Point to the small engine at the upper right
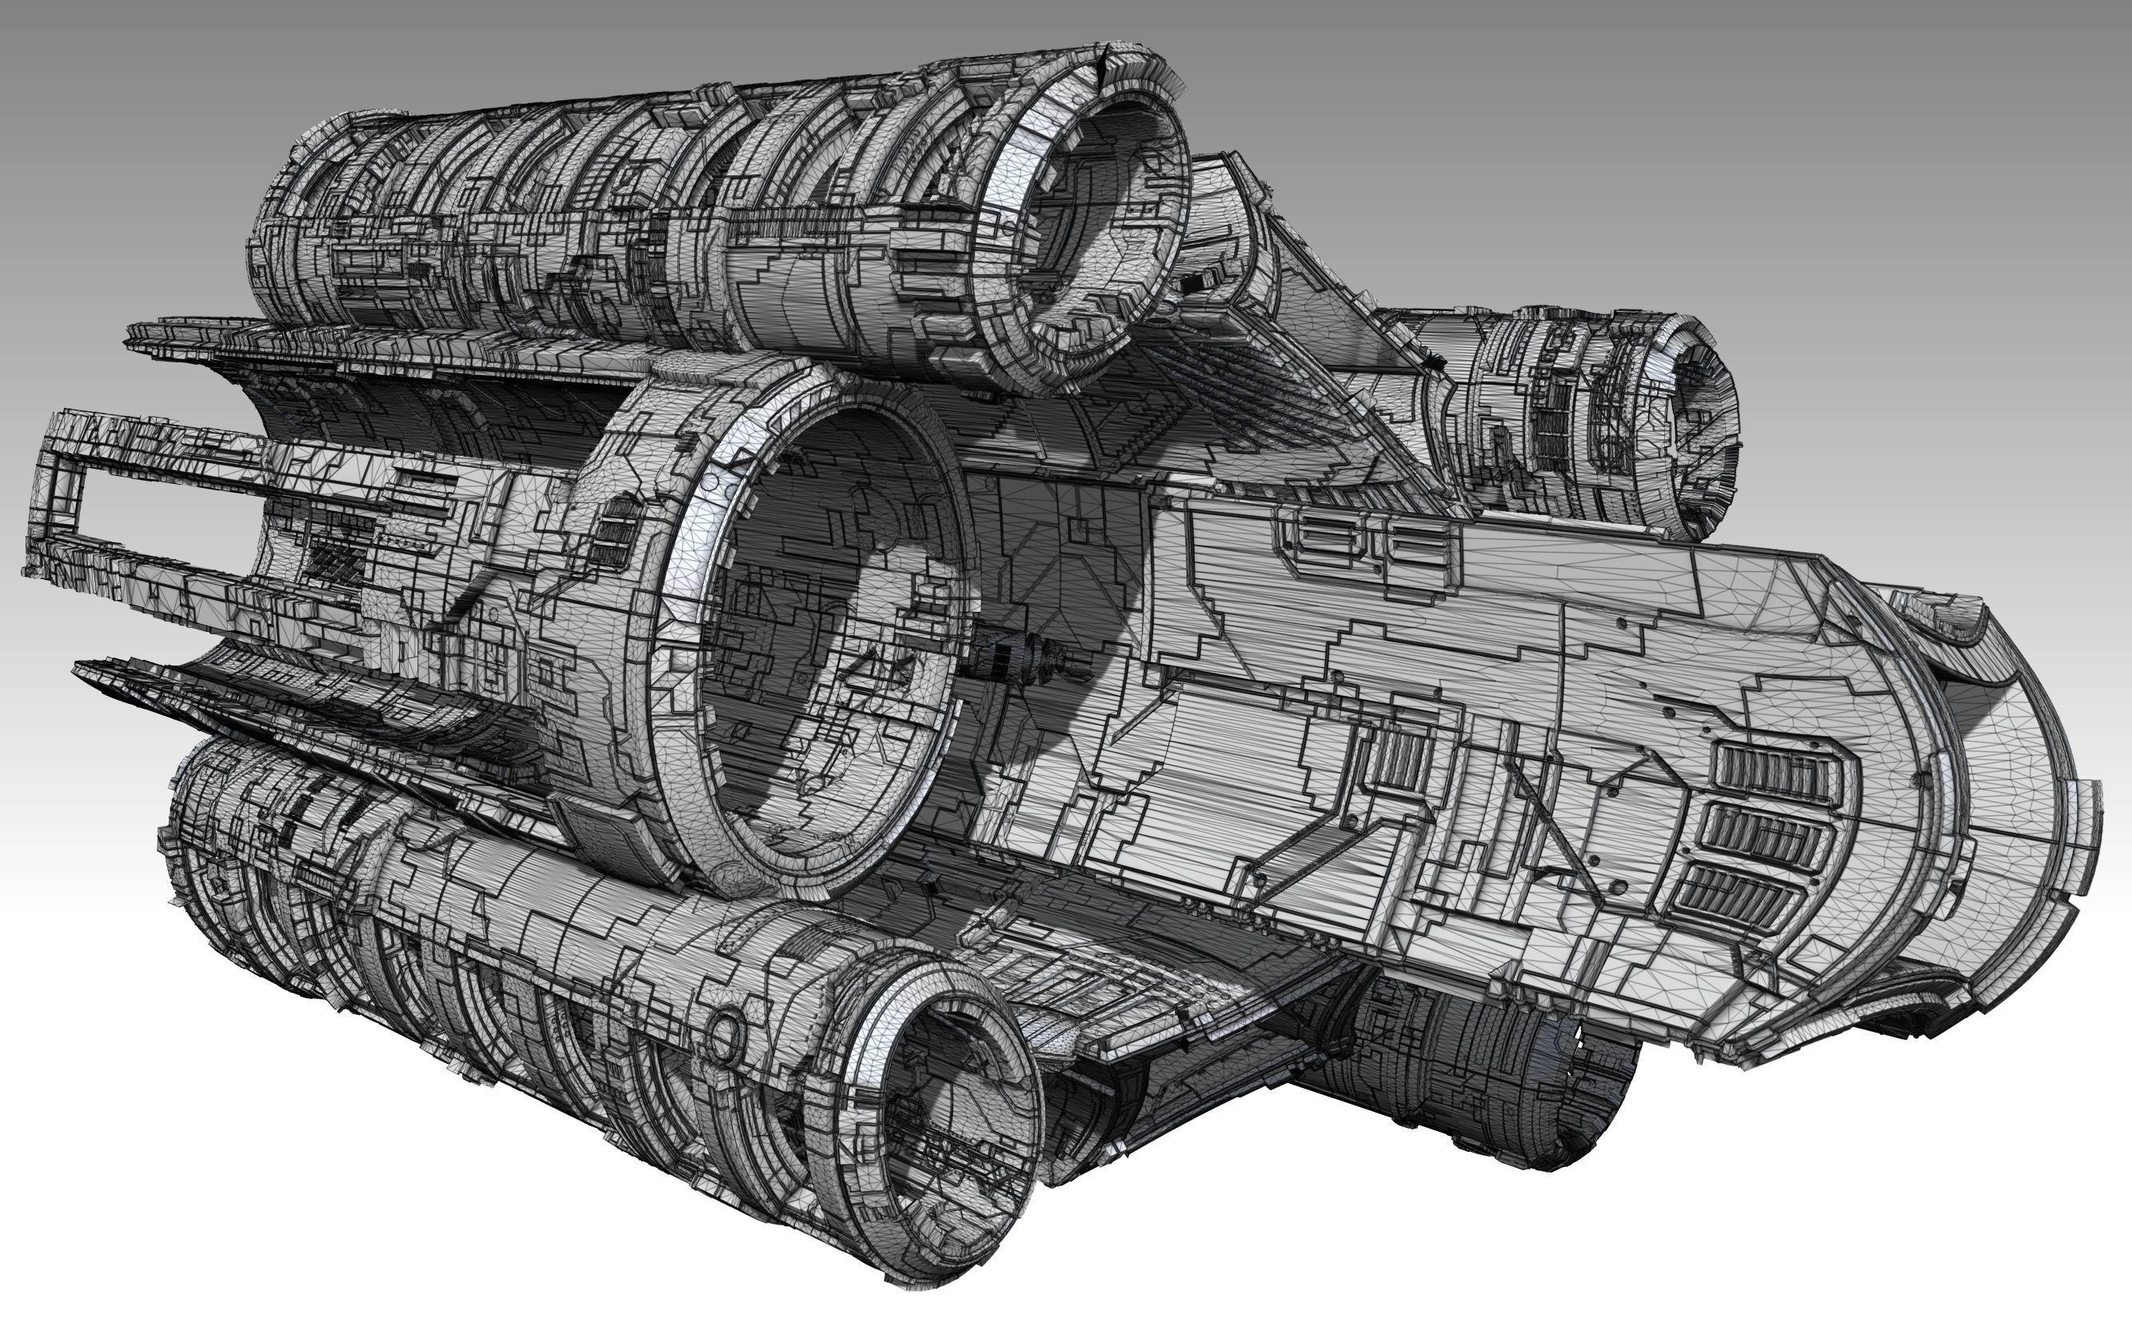[x=1597, y=422]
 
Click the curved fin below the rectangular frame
[x=263, y=702]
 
